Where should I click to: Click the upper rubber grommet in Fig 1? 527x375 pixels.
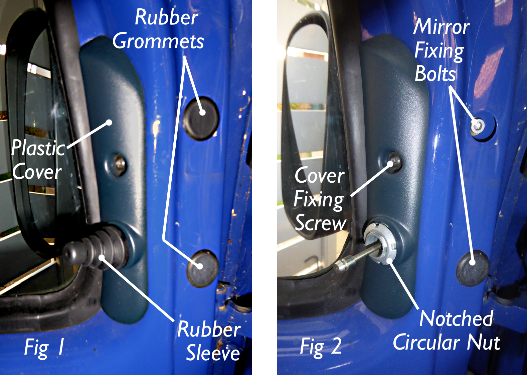click(201, 118)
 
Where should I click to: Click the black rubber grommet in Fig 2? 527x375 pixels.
click(473, 268)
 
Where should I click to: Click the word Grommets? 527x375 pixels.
click(158, 42)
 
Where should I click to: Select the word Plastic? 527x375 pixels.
click(38, 148)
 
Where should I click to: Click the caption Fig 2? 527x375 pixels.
click(320, 346)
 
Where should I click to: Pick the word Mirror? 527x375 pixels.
click(442, 27)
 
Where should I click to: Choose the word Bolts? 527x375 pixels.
click(435, 74)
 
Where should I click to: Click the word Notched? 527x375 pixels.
click(456, 318)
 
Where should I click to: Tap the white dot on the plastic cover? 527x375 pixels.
click(109, 122)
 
